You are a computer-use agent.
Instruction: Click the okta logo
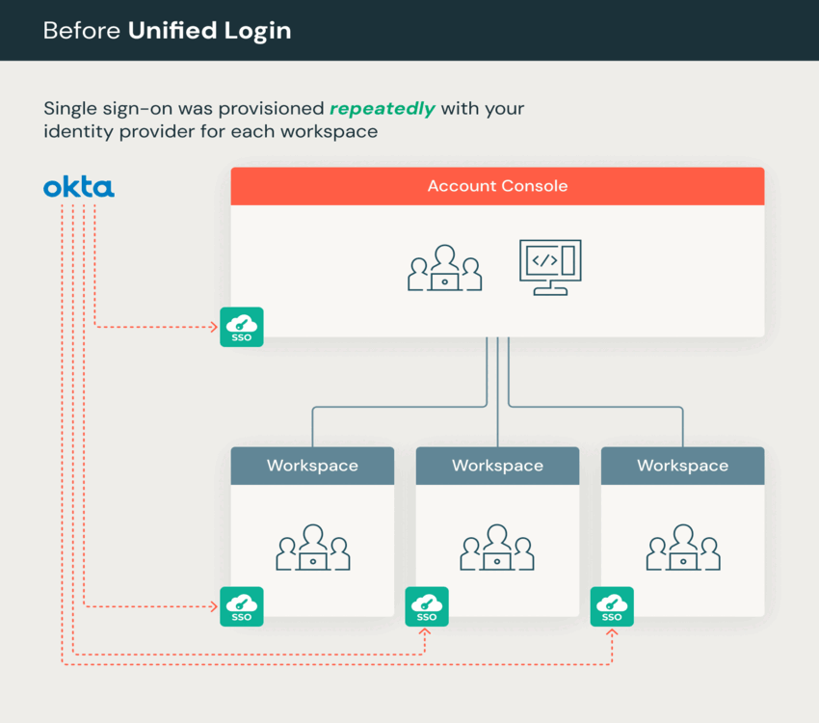tap(79, 187)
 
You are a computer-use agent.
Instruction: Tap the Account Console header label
tap(497, 186)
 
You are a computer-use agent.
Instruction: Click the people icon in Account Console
tap(444, 268)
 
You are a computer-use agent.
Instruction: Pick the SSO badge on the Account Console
tap(241, 327)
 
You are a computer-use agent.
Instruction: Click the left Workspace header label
tap(312, 466)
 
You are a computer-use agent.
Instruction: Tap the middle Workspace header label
tap(497, 466)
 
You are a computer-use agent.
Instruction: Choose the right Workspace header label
tap(682, 466)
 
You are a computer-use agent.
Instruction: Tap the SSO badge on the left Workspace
tap(241, 606)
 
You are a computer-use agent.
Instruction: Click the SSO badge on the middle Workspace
tap(426, 606)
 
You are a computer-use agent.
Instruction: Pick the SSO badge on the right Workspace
tap(612, 606)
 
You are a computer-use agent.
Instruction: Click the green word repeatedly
tap(383, 109)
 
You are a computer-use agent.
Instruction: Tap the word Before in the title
tap(82, 31)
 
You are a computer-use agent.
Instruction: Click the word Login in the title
tap(259, 31)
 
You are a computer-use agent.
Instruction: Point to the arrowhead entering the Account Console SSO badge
tap(214, 327)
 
